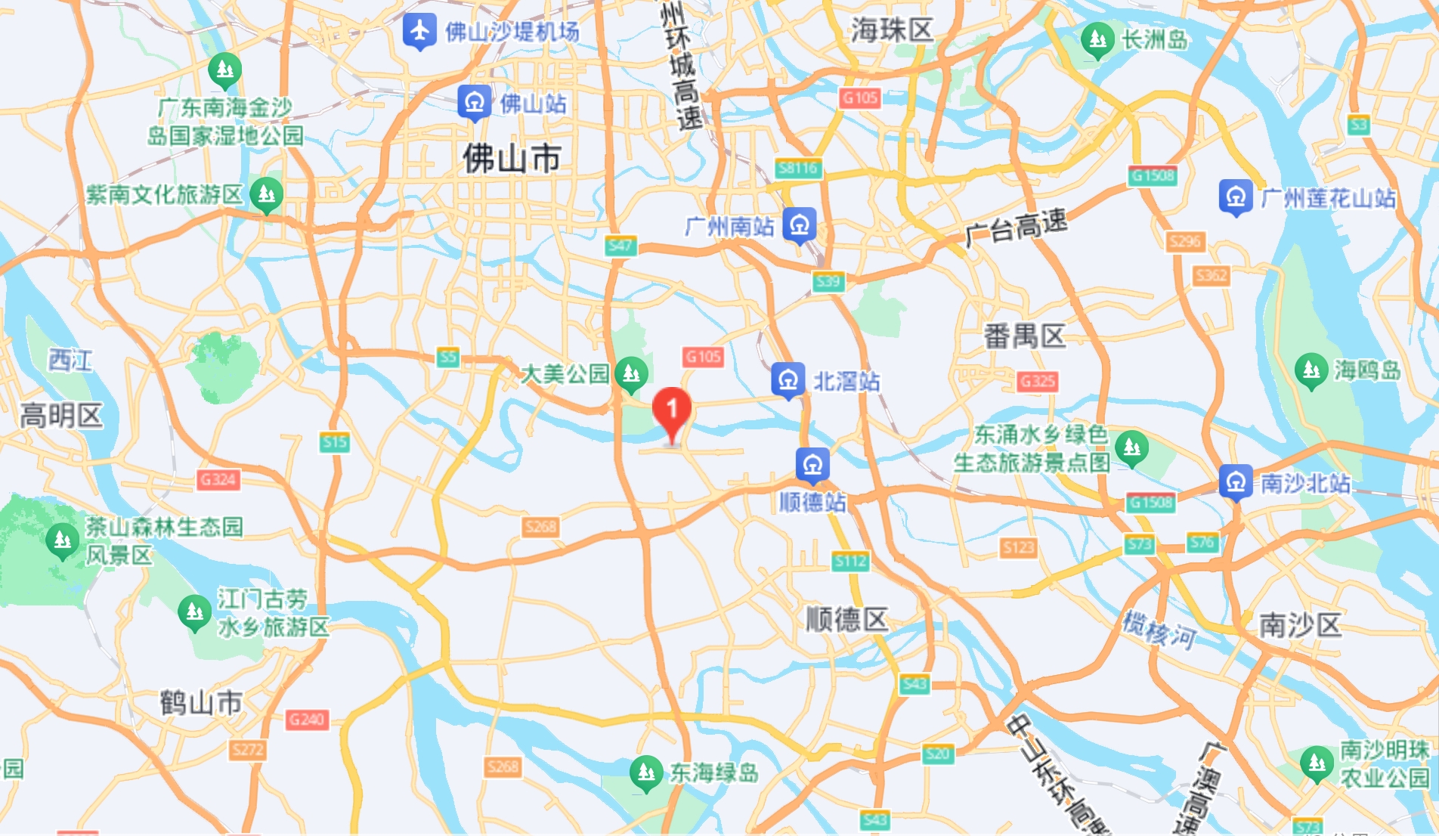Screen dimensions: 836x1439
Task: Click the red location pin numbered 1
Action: pos(671,410)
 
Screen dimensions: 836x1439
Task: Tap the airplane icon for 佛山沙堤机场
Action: pos(419,31)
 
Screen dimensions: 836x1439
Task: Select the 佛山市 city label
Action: pos(512,159)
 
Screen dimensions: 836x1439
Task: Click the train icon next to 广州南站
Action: pos(800,224)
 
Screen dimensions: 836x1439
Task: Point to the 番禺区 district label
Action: pos(1024,336)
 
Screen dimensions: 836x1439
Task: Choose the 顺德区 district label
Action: pos(846,619)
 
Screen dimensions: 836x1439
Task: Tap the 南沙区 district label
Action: pos(1300,625)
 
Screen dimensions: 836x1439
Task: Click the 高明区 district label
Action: pos(61,415)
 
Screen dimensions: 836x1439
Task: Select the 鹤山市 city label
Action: pos(201,703)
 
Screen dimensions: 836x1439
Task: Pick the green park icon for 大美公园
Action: pos(631,373)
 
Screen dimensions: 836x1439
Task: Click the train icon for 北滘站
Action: pos(788,380)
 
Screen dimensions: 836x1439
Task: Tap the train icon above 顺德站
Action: pos(812,464)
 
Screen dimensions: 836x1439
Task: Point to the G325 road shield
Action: pos(1037,381)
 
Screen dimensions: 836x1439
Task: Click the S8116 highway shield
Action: pos(798,169)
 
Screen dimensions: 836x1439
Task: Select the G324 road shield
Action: pos(218,479)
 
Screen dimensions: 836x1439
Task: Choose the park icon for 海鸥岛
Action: pos(1311,370)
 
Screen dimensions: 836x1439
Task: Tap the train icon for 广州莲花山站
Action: pos(1236,197)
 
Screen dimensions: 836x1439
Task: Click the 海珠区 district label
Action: pos(893,30)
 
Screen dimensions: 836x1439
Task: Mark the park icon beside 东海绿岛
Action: pos(646,772)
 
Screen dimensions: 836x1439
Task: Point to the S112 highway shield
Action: pos(850,561)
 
